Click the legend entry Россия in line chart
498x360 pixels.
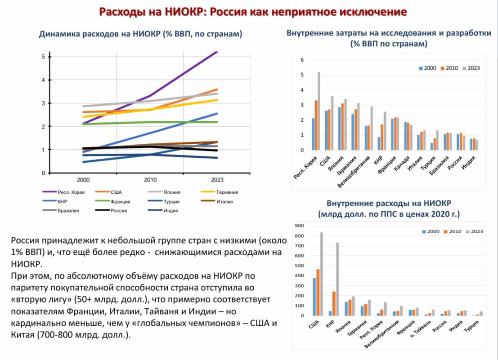[118, 210]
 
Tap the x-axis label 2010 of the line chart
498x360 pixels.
[150, 180]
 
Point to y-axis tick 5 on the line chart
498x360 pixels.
[43, 57]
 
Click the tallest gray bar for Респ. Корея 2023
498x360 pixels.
[319, 111]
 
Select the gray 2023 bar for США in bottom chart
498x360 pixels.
[322, 274]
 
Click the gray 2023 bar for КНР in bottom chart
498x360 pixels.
[337, 279]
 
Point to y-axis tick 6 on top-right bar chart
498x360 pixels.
[302, 60]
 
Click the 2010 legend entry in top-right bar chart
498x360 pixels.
[449, 68]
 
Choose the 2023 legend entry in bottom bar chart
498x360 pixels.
[475, 231]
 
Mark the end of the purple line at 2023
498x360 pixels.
[217, 53]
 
